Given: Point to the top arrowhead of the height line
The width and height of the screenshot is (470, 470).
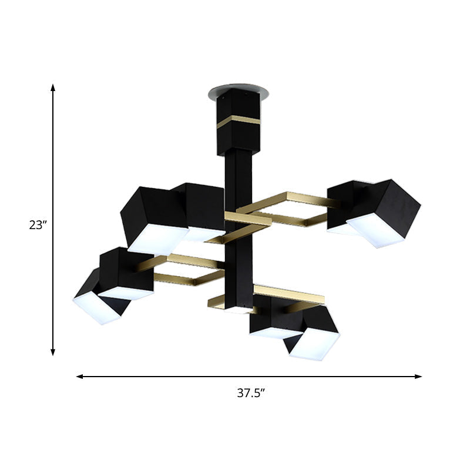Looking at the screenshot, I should [x=53, y=88].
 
